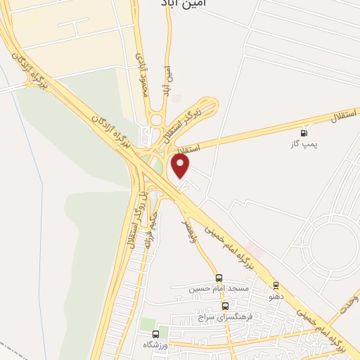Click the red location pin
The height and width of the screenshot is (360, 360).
[181, 167]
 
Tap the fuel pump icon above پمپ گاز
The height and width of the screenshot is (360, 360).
[304, 133]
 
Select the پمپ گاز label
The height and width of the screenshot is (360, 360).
[304, 144]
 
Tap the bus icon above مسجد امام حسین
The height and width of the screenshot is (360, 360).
[219, 278]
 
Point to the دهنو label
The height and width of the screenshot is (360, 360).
[276, 296]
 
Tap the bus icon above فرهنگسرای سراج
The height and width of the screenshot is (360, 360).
[225, 306]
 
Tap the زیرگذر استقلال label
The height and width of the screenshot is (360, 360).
[188, 120]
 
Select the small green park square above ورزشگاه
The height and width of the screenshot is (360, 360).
[148, 323]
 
